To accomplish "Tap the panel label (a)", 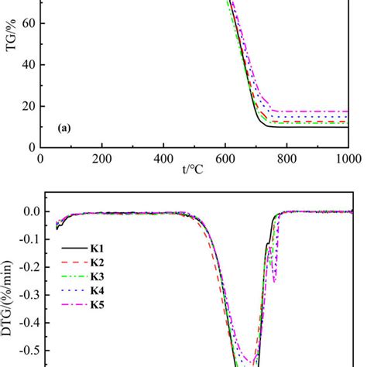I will click(x=65, y=130).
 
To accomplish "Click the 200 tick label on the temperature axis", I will click(x=101, y=158).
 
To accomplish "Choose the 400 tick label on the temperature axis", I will click(x=163, y=158).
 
